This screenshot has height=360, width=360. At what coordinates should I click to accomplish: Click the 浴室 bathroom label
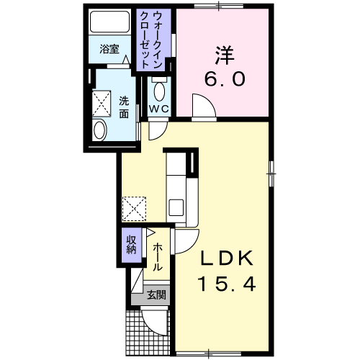point(109,50)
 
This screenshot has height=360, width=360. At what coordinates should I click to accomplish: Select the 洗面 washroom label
point(124,107)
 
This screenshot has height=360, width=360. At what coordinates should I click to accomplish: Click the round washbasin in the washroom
point(99,130)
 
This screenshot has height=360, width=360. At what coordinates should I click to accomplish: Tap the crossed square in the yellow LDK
point(135,208)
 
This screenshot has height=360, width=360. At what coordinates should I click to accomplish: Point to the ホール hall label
point(157,257)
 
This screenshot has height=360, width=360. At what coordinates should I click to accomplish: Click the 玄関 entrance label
point(156,294)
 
